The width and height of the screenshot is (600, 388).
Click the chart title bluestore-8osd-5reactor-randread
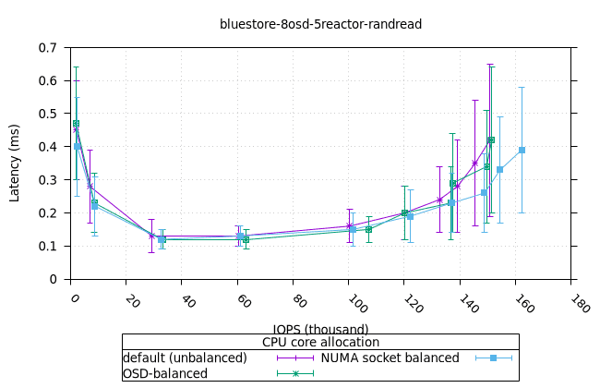[x=320, y=24]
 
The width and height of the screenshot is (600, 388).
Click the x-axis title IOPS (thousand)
[x=320, y=329]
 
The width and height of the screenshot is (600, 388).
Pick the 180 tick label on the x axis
[x=580, y=304]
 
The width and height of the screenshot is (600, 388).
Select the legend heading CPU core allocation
[x=320, y=343]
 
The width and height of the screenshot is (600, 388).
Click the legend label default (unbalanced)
[x=185, y=358]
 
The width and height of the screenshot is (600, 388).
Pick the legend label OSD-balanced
[x=165, y=373]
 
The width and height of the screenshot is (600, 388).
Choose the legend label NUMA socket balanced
[x=390, y=358]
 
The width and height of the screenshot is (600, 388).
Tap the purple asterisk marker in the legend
[x=295, y=358]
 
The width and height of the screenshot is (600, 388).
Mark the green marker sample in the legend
[x=295, y=373]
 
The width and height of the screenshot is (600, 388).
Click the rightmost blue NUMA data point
[x=522, y=150]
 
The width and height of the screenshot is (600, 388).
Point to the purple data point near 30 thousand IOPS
[x=151, y=236]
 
